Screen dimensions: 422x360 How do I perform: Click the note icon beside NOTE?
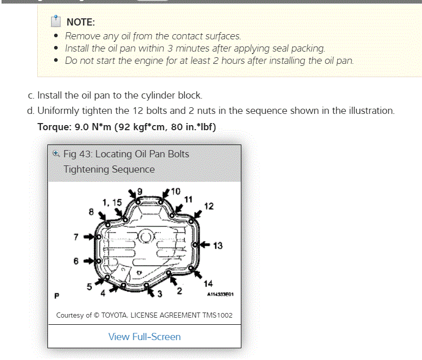click(x=56, y=21)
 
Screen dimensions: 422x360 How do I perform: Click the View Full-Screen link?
click(x=144, y=337)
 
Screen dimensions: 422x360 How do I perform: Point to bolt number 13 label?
click(x=218, y=246)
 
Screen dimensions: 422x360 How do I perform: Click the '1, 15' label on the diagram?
click(x=112, y=203)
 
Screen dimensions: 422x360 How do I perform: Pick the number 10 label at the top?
click(x=176, y=191)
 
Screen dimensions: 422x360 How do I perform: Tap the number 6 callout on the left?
click(x=76, y=261)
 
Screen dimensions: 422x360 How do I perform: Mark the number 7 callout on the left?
click(x=76, y=237)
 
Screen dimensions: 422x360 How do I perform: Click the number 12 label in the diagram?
click(x=209, y=206)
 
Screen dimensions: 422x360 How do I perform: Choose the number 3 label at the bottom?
click(x=160, y=294)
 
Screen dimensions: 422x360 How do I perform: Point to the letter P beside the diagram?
click(x=57, y=295)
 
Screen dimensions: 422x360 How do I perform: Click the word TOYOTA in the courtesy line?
click(x=118, y=315)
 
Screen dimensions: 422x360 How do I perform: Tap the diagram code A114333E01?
click(x=219, y=295)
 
